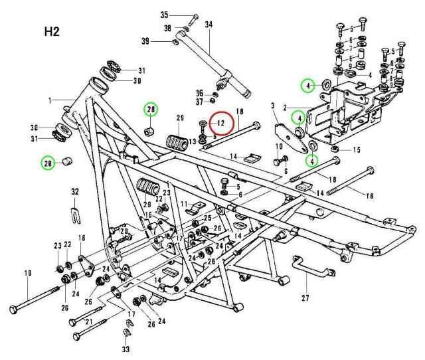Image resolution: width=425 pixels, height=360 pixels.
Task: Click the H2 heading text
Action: [x=51, y=33]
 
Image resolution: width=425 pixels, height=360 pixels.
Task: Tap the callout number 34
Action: [x=209, y=25]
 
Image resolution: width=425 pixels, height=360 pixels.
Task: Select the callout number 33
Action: [x=126, y=347]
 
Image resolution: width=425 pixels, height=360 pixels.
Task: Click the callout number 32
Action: [x=74, y=191]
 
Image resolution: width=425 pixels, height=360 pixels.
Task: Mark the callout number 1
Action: [x=48, y=100]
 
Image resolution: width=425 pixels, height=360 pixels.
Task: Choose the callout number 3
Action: [x=273, y=106]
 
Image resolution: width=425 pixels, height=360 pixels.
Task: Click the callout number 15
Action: [x=357, y=150]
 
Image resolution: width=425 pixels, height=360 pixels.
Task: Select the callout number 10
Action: [x=278, y=145]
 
